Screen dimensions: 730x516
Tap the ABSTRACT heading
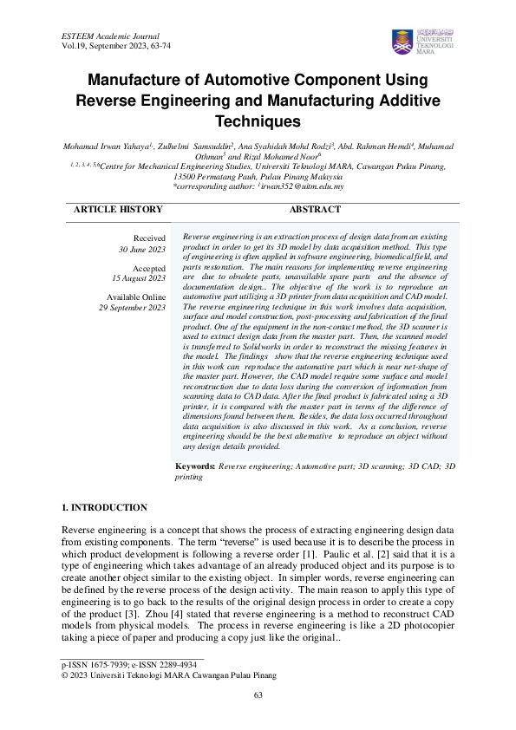pyautogui.click(x=316, y=210)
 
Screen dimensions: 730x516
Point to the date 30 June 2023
pyautogui.click(x=141, y=249)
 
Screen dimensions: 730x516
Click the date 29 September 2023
pyautogui.click(x=132, y=308)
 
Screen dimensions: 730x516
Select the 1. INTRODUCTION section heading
pyautogui.click(x=105, y=507)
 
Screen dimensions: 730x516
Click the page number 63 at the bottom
pyautogui.click(x=258, y=696)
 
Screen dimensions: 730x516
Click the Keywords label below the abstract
pyautogui.click(x=195, y=466)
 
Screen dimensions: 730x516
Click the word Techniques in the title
pyautogui.click(x=258, y=121)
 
